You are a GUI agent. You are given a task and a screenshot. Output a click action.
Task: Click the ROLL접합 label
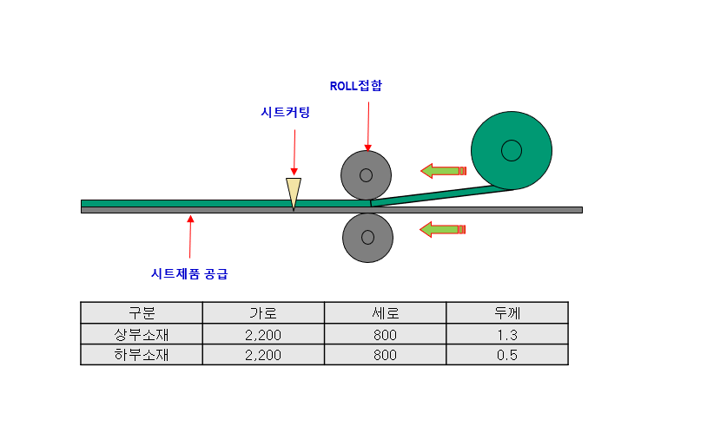click(x=356, y=86)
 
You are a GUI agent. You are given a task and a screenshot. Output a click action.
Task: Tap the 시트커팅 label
click(x=285, y=113)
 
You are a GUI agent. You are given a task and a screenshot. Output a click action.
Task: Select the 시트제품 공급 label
click(x=190, y=273)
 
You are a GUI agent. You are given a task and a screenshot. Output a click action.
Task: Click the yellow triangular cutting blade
click(x=294, y=192)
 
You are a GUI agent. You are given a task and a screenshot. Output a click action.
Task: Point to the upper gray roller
click(x=367, y=175)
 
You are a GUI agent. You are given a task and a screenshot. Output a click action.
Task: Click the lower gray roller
click(x=367, y=237)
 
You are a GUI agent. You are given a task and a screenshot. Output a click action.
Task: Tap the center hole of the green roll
click(x=512, y=150)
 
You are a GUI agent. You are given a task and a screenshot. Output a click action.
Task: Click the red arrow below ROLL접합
click(x=368, y=127)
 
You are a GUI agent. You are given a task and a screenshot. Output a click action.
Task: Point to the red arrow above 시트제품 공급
click(x=190, y=239)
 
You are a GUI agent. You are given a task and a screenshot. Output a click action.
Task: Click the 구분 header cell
click(x=142, y=312)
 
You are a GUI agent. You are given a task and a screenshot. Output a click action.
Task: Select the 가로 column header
click(x=263, y=312)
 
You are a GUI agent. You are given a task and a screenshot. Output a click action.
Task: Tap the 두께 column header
click(x=507, y=312)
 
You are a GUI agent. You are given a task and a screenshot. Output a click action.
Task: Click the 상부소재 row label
click(x=142, y=334)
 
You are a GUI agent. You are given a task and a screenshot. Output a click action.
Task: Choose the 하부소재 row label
click(x=142, y=355)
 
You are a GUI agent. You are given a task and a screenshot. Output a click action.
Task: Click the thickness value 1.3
click(x=507, y=334)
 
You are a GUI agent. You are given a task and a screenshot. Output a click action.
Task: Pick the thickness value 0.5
click(x=507, y=355)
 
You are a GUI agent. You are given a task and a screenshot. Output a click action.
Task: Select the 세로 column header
click(x=386, y=312)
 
